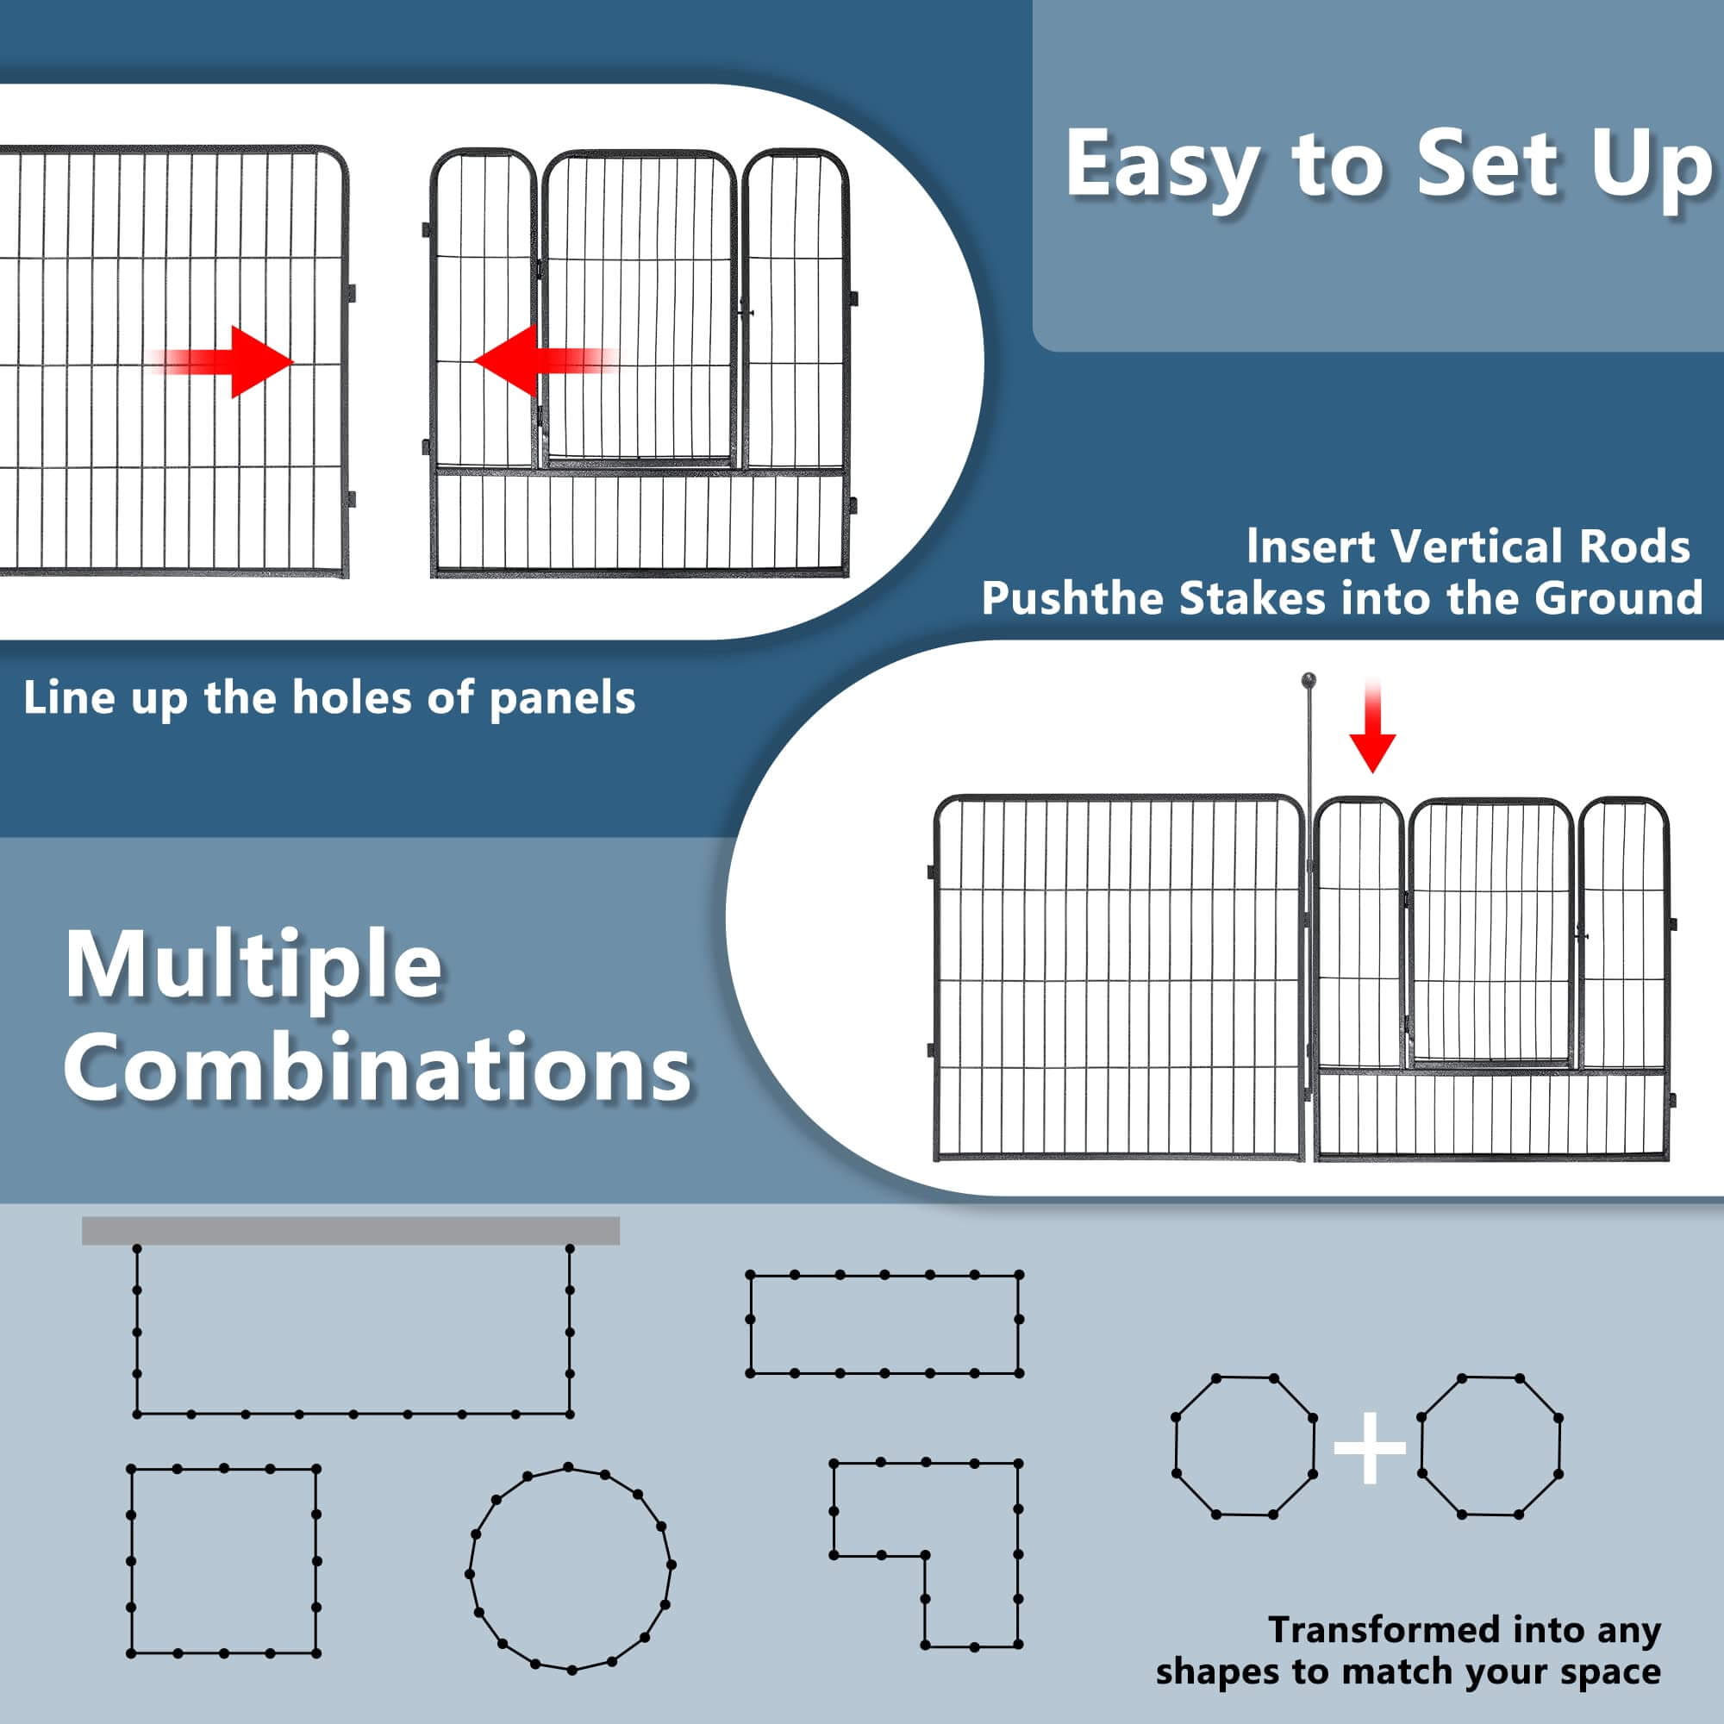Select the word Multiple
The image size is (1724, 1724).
253,966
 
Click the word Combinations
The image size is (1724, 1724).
378,1068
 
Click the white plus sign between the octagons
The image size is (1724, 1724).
1370,1447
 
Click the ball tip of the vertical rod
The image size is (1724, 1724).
1309,680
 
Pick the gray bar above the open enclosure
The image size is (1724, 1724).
351,1231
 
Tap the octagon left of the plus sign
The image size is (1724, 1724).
1176,1446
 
